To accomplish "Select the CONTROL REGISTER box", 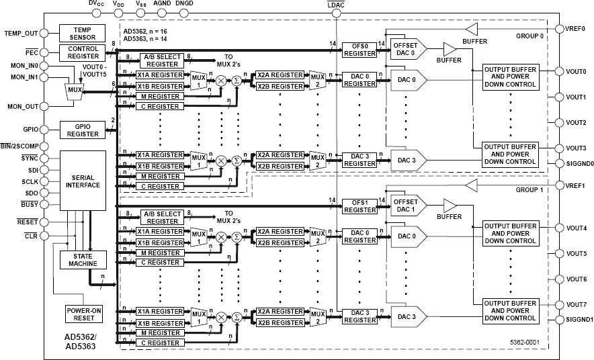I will [83, 52].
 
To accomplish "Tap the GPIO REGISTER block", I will [83, 130].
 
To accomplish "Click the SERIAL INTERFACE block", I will [83, 180].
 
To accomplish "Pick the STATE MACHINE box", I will [83, 259].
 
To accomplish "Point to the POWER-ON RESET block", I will [83, 314].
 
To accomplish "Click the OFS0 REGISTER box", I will [359, 50].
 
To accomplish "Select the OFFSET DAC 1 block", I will [406, 205].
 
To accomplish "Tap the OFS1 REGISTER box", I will [359, 205].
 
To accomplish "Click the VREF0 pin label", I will [575, 30].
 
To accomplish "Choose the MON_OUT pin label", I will [22, 107].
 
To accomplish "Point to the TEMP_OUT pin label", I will [22, 32].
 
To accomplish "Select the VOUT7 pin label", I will [576, 304].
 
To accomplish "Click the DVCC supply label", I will [97, 4].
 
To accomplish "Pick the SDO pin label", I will [30, 193].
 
